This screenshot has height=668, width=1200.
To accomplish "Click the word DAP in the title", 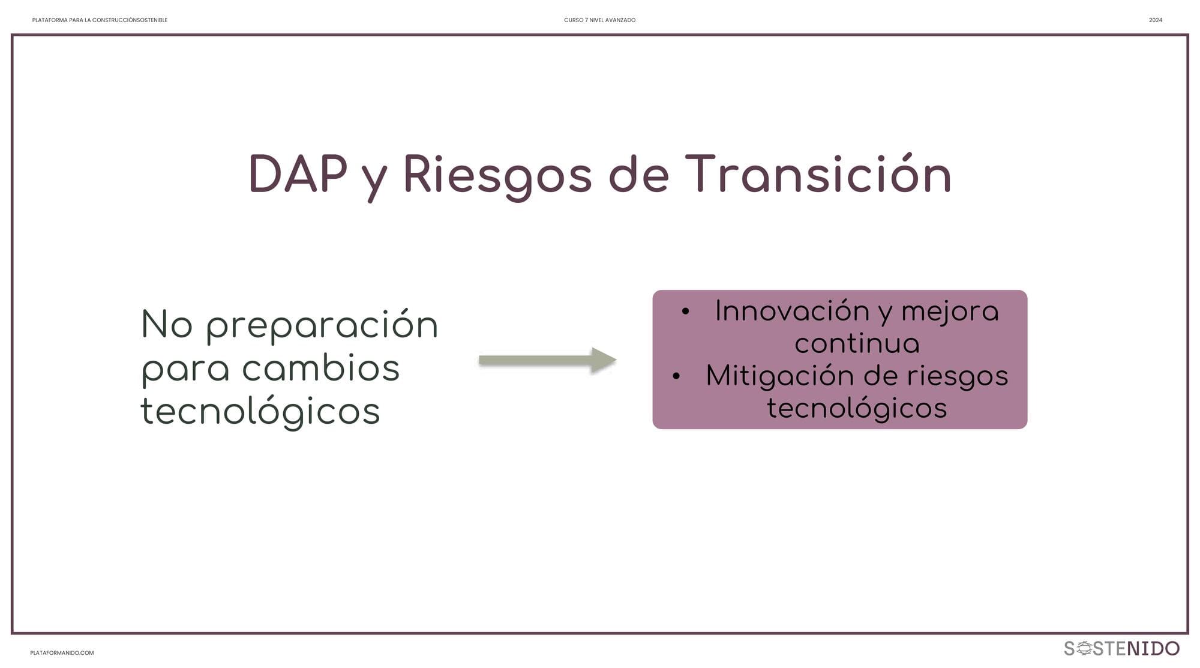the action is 298,174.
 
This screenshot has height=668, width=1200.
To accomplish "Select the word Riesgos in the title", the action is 497,176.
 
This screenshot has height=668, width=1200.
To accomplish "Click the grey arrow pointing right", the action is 548,360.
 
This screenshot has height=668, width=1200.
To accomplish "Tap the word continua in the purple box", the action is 857,344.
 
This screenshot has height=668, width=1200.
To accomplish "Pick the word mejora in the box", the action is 950,313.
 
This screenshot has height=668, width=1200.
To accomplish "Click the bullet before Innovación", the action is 685,311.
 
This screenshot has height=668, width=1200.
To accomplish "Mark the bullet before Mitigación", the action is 676,376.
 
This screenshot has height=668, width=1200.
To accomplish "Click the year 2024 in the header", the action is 1156,20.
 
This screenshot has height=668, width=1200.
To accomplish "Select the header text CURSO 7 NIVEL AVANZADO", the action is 599,20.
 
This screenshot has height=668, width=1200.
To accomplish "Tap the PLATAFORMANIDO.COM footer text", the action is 62,653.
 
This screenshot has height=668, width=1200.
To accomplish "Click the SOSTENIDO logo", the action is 1121,648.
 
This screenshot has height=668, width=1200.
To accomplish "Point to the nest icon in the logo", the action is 1084,648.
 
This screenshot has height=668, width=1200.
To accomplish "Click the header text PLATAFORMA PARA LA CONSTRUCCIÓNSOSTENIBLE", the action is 100,20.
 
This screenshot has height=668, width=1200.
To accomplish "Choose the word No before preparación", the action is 167,324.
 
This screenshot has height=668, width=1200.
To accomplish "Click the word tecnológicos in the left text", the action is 260,411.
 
